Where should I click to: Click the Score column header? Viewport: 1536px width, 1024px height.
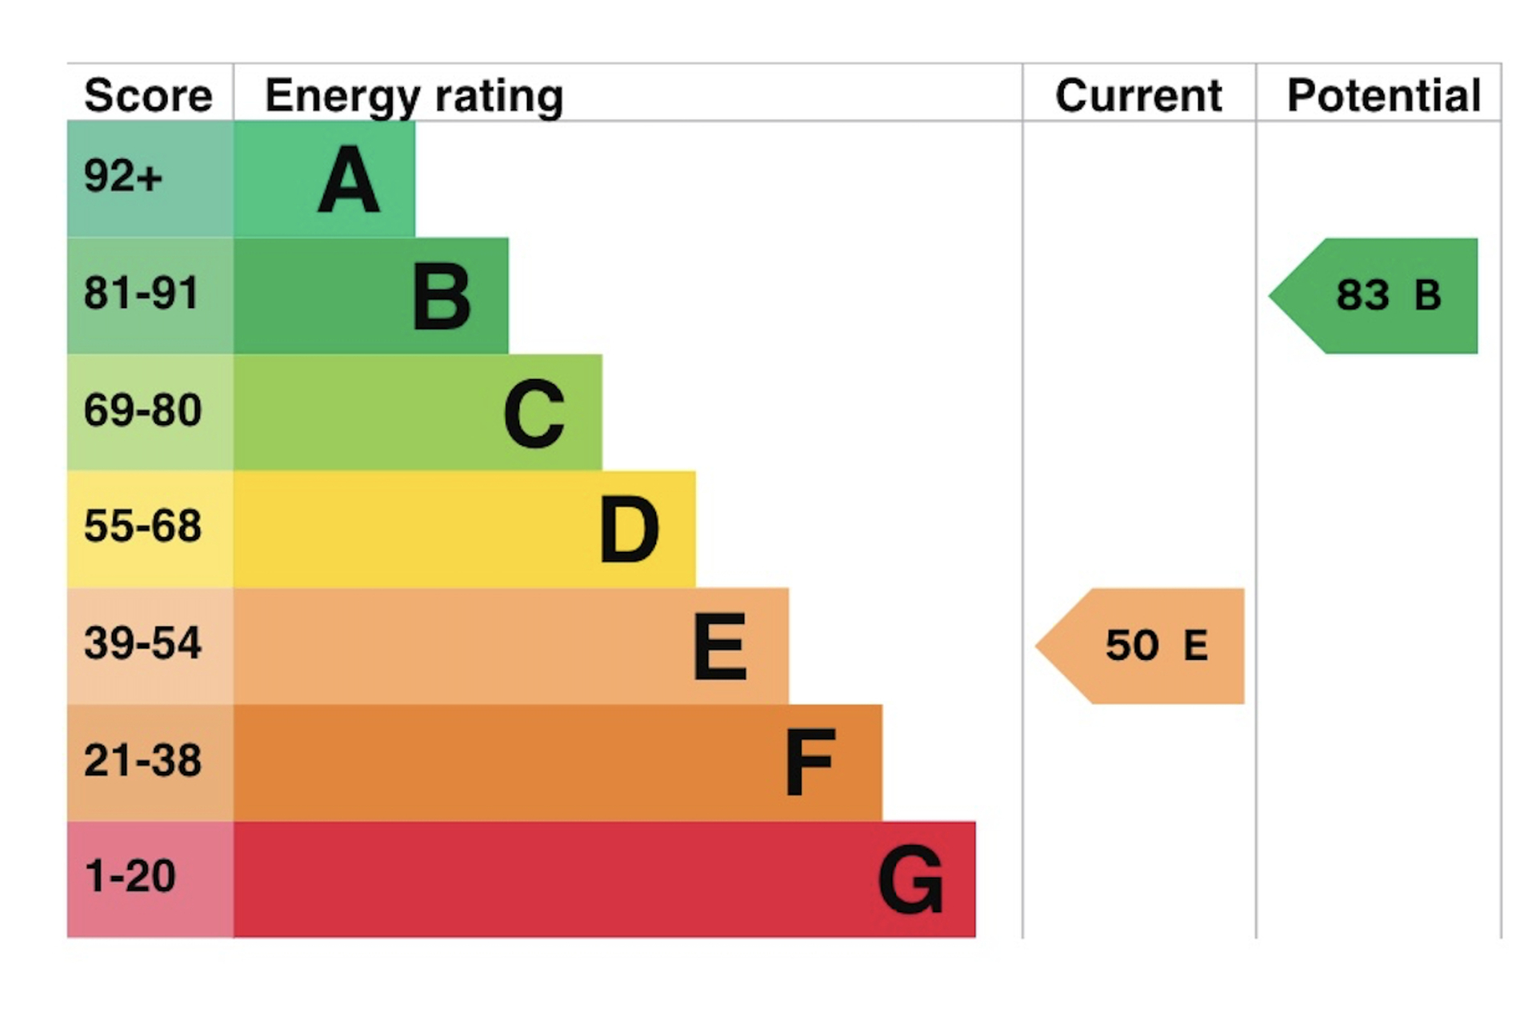point(148,95)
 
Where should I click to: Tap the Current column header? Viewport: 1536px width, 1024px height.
point(1138,96)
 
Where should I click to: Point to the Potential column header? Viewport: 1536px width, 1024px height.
point(1384,96)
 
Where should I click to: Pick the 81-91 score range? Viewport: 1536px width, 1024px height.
point(141,293)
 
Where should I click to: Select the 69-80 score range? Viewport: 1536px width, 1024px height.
point(142,410)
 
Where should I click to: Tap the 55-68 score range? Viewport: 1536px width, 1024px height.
point(142,526)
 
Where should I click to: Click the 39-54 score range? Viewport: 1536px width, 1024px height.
point(142,643)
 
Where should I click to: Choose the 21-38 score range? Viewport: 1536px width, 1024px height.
point(142,760)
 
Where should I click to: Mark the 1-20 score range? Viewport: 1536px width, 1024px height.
point(130,876)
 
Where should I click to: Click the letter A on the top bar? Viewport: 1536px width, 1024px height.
point(348,179)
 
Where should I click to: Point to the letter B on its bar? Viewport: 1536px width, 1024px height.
point(442,297)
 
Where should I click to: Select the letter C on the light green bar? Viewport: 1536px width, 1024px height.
point(534,414)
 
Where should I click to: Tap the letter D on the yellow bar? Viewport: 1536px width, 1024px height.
point(629,529)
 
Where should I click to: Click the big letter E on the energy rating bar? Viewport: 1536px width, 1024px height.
point(720,646)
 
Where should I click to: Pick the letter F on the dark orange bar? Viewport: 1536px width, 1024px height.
point(810,762)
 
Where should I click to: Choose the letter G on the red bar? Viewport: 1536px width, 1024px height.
point(910,880)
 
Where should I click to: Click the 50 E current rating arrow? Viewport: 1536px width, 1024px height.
point(1140,646)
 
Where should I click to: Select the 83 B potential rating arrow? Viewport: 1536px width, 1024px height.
point(1374,296)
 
